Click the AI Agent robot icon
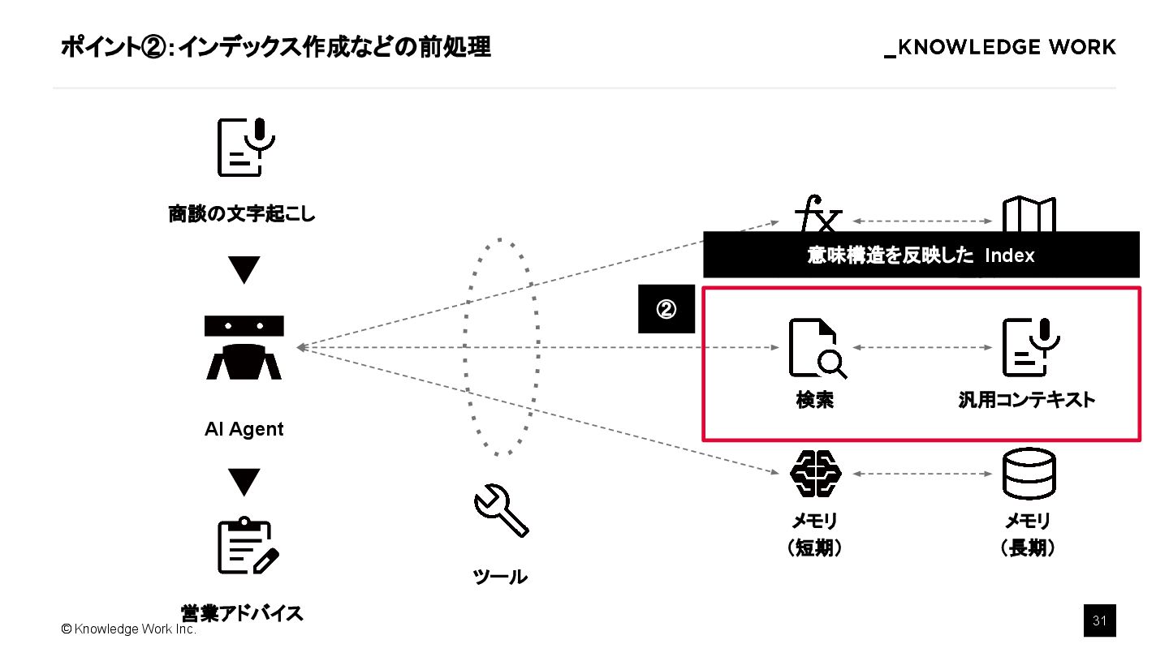point(244,348)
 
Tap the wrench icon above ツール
point(501,511)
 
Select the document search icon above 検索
point(816,348)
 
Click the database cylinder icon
point(1029,473)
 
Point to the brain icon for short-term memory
point(816,473)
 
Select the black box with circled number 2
point(666,309)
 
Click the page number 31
point(1100,621)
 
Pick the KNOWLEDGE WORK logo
point(1000,48)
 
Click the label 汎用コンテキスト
point(1027,400)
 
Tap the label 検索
point(815,400)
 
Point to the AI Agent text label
point(244,429)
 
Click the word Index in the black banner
point(1009,255)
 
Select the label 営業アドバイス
point(243,612)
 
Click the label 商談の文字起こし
point(242,215)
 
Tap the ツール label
point(500,577)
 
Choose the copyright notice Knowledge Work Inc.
point(128,629)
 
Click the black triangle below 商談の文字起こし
point(243,270)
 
